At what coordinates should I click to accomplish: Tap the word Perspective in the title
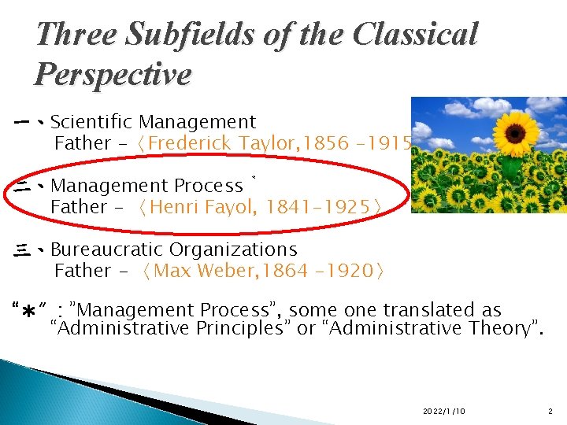coord(113,75)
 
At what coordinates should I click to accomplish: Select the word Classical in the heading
coord(416,34)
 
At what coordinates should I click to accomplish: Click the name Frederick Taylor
coord(208,143)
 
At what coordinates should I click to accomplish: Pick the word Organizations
coord(233,249)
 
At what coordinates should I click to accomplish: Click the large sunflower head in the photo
coord(516,130)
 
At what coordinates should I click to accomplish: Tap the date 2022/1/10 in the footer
coord(443,412)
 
